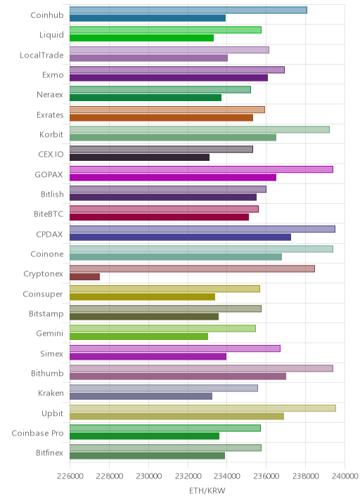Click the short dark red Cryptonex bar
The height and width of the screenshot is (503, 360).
85,277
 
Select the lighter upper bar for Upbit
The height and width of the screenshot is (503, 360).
202,408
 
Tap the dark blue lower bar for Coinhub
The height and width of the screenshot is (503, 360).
148,18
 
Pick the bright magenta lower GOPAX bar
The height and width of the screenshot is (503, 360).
173,177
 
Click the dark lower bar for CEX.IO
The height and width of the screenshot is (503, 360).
139,157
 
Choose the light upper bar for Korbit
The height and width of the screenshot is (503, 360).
200,129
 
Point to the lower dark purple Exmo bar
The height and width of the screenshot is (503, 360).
169,78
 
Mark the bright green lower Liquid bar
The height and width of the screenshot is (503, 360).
141,38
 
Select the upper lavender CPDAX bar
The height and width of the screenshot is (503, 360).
202,229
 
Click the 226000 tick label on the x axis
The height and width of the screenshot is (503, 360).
70,476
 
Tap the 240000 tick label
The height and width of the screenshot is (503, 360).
345,476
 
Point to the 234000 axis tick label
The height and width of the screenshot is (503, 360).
226,476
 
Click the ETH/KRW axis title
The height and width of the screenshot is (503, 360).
207,491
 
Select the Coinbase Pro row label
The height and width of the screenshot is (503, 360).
37,433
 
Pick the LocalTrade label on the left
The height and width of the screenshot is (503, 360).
41,55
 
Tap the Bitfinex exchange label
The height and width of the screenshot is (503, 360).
49,452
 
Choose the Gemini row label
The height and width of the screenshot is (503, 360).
50,333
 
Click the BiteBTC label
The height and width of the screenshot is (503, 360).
49,214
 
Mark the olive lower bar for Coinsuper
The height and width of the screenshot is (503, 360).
142,296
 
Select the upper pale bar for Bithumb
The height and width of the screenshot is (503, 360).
201,368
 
